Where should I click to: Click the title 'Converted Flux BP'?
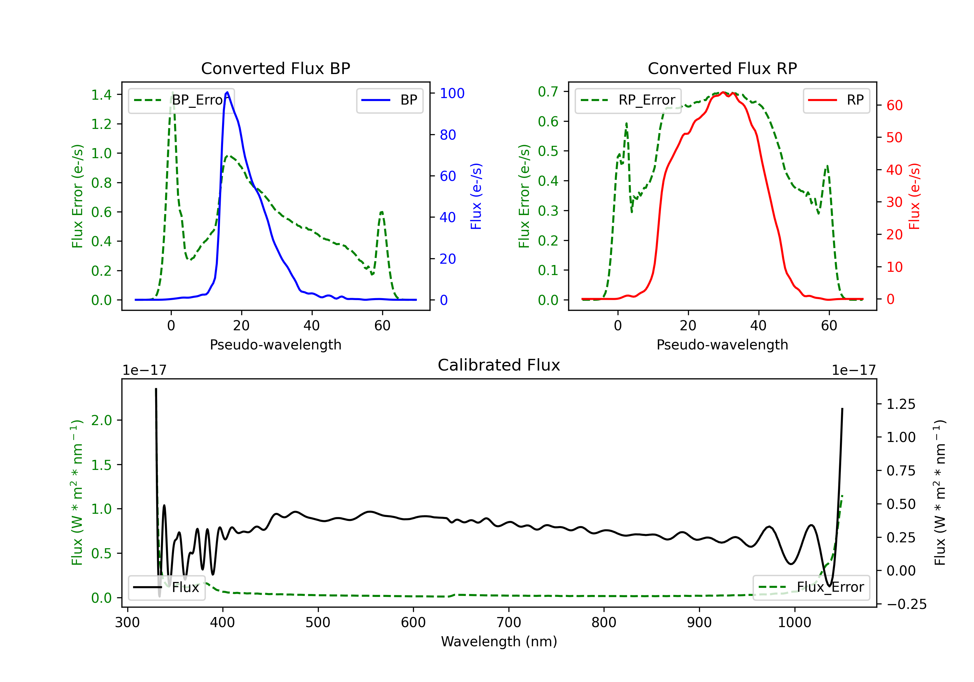pos(275,68)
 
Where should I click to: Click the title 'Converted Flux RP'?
pos(722,68)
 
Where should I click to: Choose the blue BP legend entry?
pos(389,100)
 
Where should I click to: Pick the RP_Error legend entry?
pos(628,100)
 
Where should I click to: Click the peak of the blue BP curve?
pos(227,92)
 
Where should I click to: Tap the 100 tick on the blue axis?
pos(452,93)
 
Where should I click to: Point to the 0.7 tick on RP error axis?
pos(548,92)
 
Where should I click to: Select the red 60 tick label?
pos(894,105)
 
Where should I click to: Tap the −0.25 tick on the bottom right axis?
pos(906,604)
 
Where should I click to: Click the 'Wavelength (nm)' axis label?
pos(499,641)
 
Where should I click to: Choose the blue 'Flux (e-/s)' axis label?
pos(476,196)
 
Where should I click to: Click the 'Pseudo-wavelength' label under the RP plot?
pos(722,345)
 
